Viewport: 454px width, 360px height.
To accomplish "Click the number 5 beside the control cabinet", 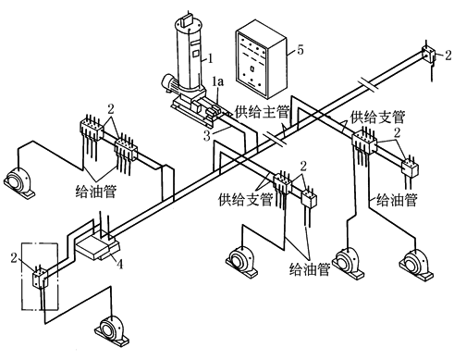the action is pos(301,50).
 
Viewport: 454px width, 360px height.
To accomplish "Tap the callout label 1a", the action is pos(218,81).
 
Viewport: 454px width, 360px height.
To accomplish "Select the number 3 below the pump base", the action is pos(207,136).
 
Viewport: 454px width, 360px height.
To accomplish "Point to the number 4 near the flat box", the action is pos(119,264).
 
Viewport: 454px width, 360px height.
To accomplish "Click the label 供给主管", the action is pos(262,112).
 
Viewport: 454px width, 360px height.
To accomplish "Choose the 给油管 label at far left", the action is pos(95,192).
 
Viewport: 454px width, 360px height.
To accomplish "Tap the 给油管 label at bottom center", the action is pos(310,269).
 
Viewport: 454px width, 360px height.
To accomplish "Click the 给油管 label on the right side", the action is pos(397,199).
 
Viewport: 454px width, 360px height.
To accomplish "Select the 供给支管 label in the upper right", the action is pos(377,118).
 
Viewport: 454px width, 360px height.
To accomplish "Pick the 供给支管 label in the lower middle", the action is pos(246,199).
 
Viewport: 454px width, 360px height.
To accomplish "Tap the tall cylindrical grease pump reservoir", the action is pos(189,54).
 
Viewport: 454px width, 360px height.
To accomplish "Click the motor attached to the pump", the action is pos(170,82).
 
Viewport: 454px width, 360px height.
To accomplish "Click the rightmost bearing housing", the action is pos(416,266).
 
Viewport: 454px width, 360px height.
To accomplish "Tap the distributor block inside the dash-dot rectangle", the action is pos(40,279).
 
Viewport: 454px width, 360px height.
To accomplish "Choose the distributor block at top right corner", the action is pos(428,55).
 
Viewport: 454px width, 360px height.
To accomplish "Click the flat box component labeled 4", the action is pos(97,246).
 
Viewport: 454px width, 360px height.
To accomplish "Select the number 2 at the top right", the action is pos(448,55).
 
